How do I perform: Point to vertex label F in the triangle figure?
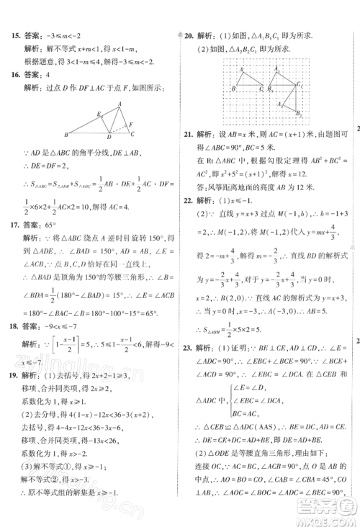tap(131, 123)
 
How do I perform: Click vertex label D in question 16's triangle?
tap(108, 137)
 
